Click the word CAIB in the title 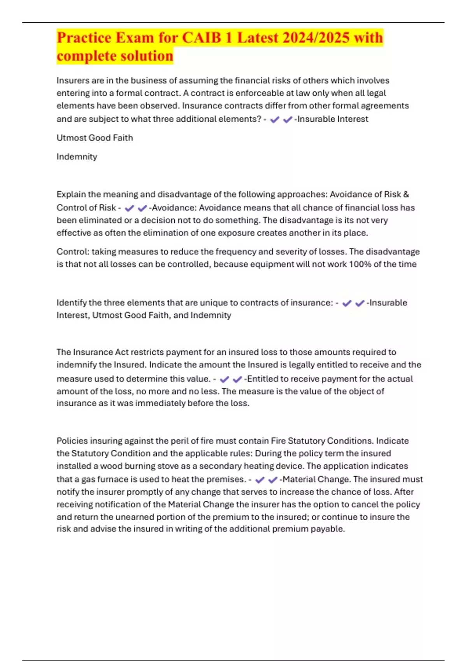click(x=202, y=38)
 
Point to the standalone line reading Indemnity click(x=77, y=157)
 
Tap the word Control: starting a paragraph click(x=73, y=252)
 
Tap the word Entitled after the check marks click(x=262, y=379)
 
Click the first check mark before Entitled click(x=224, y=379)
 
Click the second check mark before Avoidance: click(x=142, y=208)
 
